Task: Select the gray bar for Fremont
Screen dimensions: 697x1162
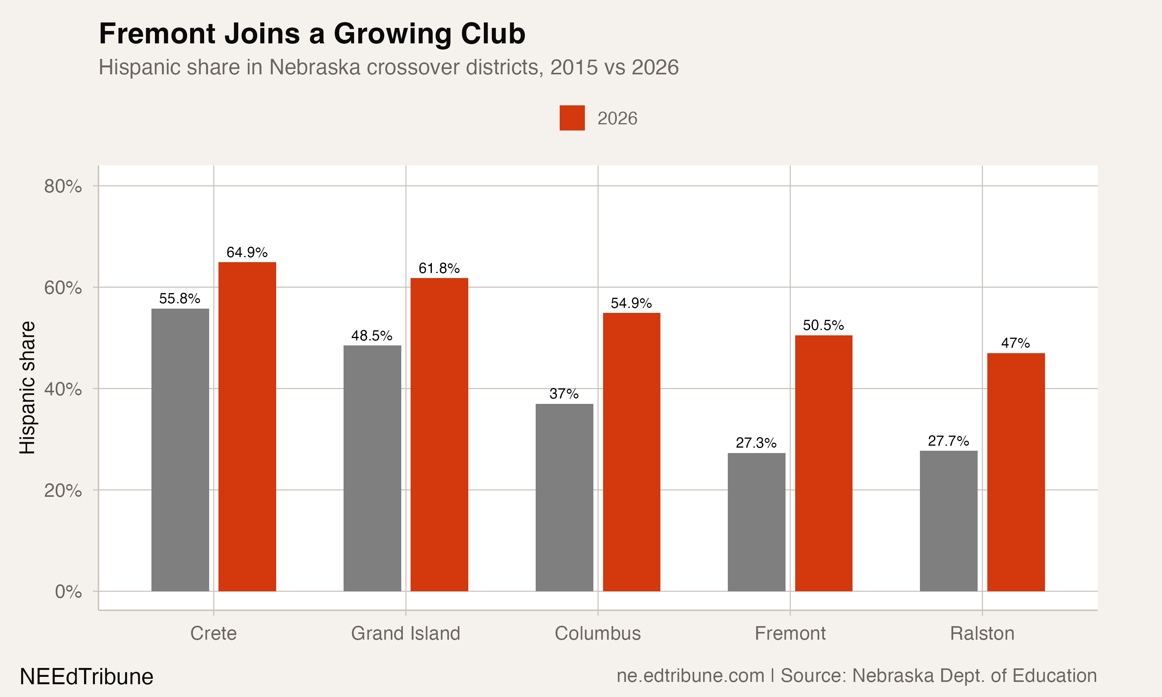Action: [756, 522]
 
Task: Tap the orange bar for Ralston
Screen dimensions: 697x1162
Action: [1016, 472]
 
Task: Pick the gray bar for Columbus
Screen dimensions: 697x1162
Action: [564, 498]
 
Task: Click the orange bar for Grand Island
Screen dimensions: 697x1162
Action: [439, 434]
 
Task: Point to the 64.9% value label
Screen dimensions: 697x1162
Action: [247, 253]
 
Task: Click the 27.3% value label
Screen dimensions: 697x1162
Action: [756, 443]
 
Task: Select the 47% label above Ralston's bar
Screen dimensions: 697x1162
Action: [1016, 343]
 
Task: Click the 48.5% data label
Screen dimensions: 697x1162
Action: [371, 336]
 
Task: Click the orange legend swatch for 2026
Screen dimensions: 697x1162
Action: [572, 118]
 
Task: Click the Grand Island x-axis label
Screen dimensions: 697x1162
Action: [406, 633]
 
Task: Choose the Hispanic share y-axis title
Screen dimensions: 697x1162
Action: [27, 388]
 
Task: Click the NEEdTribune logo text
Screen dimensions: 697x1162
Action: [86, 677]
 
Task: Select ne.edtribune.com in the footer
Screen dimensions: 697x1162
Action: [691, 676]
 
